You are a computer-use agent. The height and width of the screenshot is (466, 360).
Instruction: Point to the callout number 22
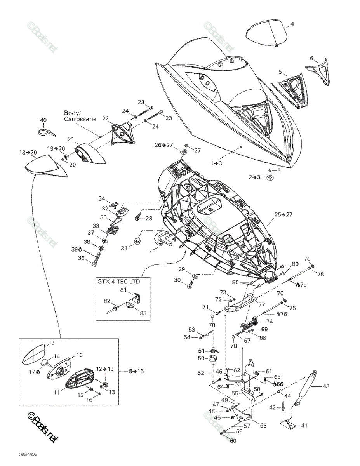point(105,118)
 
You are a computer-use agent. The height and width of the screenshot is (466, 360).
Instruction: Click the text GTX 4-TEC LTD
point(118,281)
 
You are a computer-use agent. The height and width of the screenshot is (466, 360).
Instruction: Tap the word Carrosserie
point(80,119)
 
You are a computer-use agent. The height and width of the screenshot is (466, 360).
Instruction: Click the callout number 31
point(124,248)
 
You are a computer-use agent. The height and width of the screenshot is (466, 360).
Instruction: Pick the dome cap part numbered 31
point(137,241)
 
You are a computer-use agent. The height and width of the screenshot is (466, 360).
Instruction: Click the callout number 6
point(311,58)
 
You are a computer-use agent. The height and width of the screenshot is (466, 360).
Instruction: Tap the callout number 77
point(262,304)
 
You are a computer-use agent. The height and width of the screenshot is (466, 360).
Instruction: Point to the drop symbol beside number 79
point(298,285)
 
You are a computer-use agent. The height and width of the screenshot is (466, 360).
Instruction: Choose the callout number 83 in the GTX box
point(143,313)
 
